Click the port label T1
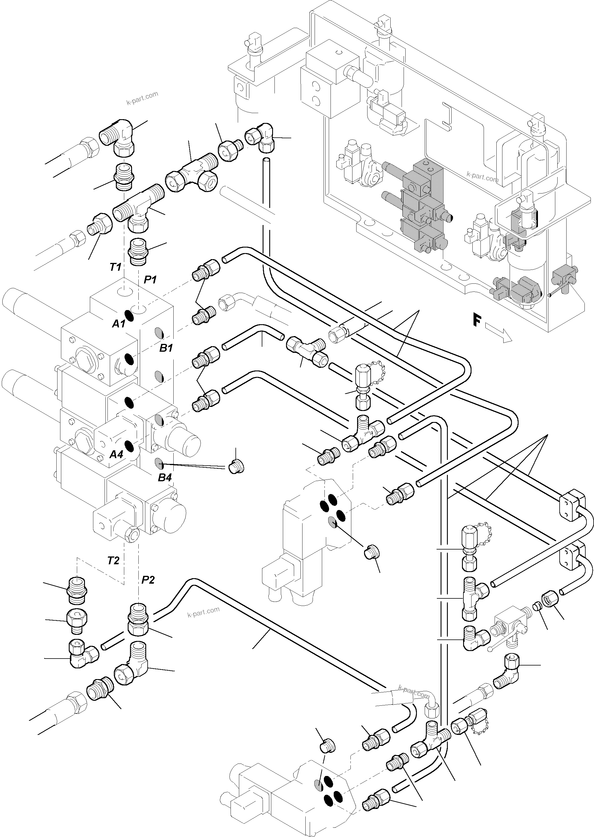click(x=116, y=267)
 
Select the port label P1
click(x=150, y=280)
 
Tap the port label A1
click(x=118, y=323)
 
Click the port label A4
click(x=116, y=454)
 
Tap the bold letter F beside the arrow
click(x=476, y=320)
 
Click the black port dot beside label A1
click(x=129, y=315)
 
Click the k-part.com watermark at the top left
click(x=142, y=98)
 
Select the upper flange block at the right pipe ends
click(x=569, y=506)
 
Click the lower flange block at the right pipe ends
click(x=569, y=561)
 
